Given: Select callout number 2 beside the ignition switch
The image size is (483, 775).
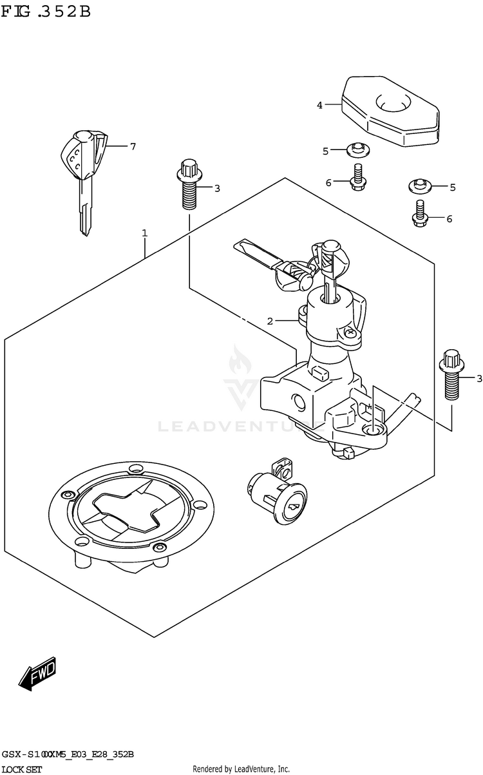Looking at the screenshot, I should tap(271, 320).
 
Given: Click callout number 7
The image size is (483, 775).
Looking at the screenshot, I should tap(133, 146).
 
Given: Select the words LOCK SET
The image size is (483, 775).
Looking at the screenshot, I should tap(23, 769).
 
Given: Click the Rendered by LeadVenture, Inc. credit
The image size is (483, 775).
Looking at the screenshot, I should tap(241, 769).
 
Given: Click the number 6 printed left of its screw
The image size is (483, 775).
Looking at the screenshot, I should tap(328, 183).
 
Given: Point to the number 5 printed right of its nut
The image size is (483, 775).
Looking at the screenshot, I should tap(453, 187).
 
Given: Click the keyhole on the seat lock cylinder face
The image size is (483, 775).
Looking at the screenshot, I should tap(294, 508).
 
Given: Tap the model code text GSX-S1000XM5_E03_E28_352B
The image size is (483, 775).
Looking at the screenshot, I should tap(68, 754).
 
